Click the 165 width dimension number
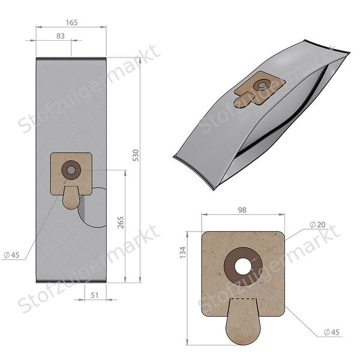[x=71, y=22]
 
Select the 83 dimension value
[x=60, y=36]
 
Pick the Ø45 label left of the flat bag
[x=11, y=255]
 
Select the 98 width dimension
[x=242, y=210]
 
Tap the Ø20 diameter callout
[x=317, y=224]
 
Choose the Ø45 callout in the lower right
[x=331, y=331]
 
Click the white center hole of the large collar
[x=243, y=266]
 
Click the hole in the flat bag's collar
[x=71, y=170]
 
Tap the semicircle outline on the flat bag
[x=96, y=207]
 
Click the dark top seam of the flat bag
[x=71, y=58]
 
